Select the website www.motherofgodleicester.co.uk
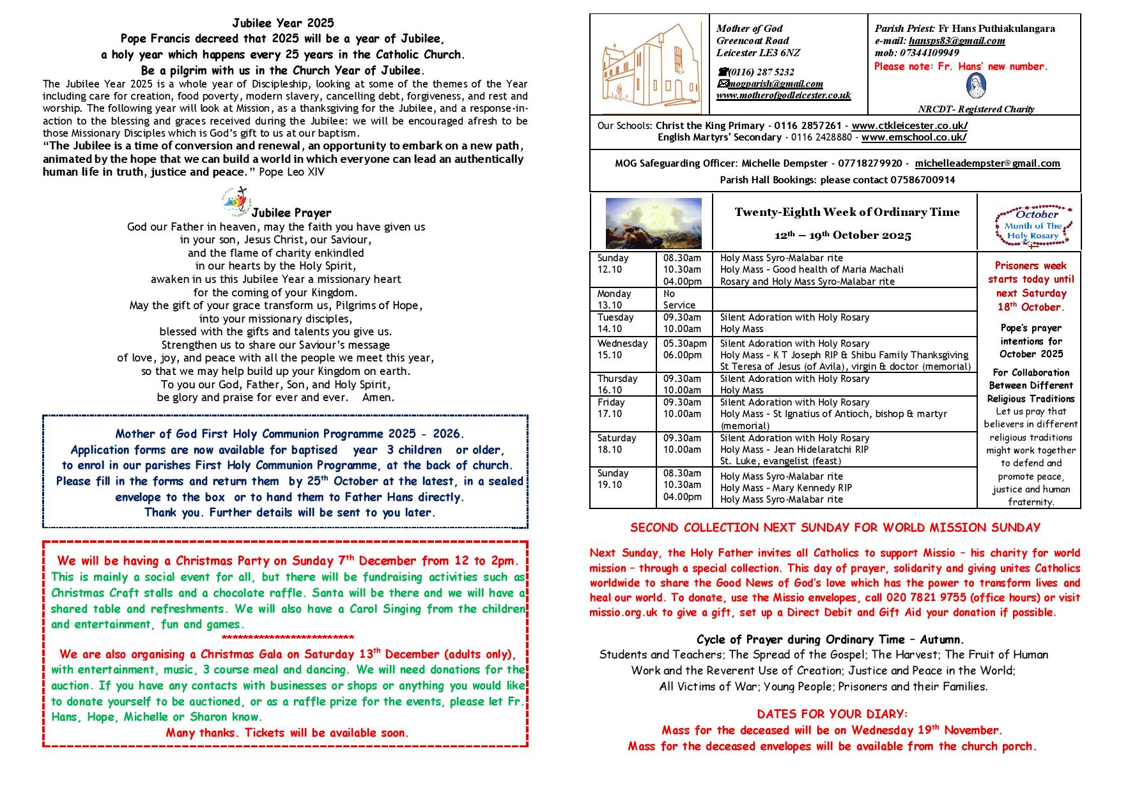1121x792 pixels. pyautogui.click(x=783, y=95)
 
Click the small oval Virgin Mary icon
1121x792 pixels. pyautogui.click(x=975, y=85)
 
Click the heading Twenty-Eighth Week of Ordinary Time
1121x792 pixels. pyautogui.click(x=847, y=213)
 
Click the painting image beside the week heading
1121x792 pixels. pyautogui.click(x=653, y=223)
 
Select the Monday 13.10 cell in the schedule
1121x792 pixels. pyautogui.click(x=614, y=299)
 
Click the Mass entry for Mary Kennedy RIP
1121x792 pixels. pyautogui.click(x=785, y=488)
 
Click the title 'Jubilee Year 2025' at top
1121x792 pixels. pyautogui.click(x=282, y=23)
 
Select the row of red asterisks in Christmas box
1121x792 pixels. pyautogui.click(x=288, y=638)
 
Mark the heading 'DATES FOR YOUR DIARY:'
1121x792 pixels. pyautogui.click(x=832, y=714)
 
